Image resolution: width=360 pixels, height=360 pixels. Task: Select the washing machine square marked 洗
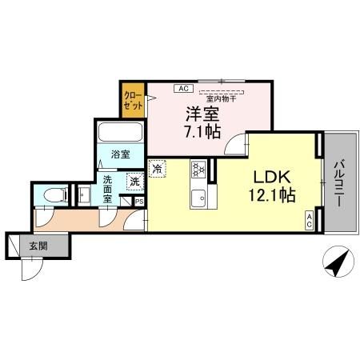[x=134, y=182]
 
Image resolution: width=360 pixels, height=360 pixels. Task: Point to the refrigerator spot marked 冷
[x=158, y=169]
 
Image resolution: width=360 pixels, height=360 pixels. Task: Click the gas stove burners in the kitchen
[x=198, y=170]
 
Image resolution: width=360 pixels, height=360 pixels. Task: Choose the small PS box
[x=138, y=202]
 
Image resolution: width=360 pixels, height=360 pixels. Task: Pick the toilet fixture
[x=54, y=194]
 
